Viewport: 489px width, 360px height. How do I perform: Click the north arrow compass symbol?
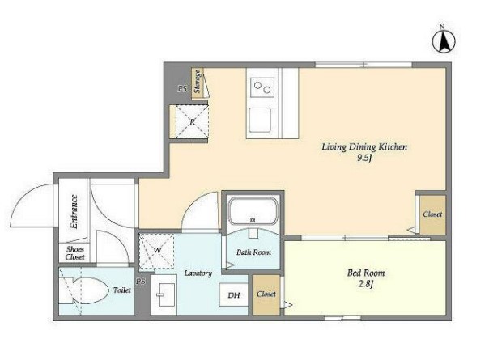pos(444,40)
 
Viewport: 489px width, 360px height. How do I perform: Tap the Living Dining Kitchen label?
pos(364,146)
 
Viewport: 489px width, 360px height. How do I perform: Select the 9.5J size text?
pos(364,159)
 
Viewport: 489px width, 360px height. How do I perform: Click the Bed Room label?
pos(366,273)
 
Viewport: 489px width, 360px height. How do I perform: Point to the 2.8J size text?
pos(366,284)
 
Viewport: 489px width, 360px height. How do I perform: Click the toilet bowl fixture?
pos(84,290)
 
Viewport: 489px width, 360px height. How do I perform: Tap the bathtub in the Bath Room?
pos(253,212)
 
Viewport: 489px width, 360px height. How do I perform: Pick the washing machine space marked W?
pos(156,251)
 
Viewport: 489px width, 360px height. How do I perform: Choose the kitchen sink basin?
pos(260,120)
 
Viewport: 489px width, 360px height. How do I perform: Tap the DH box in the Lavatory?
pos(234,294)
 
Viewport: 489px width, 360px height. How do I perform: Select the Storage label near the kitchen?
pos(197,82)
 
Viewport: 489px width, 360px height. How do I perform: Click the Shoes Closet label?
pos(74,253)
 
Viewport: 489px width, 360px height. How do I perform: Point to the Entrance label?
pos(74,212)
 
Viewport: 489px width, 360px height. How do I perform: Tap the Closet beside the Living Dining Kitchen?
pos(432,214)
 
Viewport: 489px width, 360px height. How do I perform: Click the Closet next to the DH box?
pos(266,294)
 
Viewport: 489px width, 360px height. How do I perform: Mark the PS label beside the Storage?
pos(182,89)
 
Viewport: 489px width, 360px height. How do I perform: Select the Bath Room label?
pos(253,252)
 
